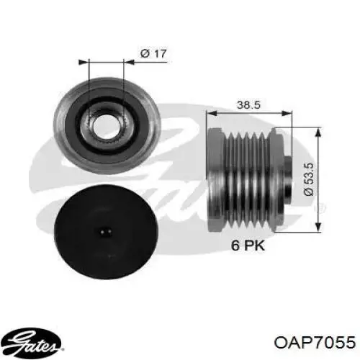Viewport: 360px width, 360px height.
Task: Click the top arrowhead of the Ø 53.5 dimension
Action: (x=320, y=130)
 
